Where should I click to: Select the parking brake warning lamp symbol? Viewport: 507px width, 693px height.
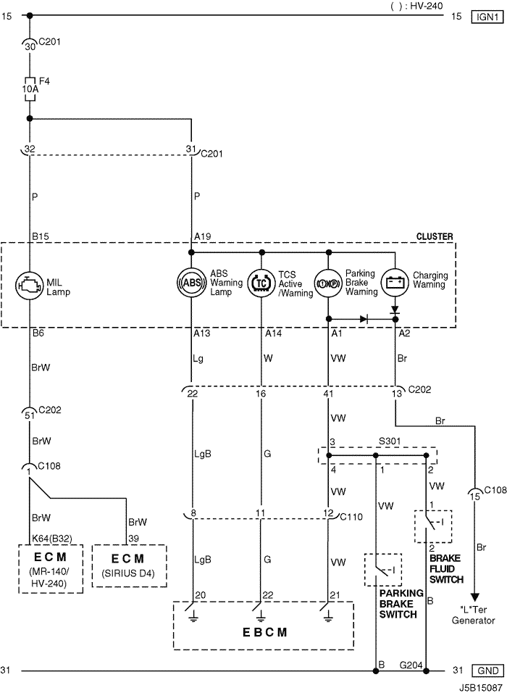(328, 282)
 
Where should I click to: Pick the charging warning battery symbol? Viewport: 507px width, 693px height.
(395, 281)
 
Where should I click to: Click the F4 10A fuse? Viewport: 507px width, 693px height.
(30, 86)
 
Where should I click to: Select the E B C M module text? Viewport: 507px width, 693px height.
(262, 632)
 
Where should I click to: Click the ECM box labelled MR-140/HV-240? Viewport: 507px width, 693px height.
(50, 565)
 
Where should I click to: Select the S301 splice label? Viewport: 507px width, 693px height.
(390, 439)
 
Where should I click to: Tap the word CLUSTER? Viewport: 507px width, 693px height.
(435, 236)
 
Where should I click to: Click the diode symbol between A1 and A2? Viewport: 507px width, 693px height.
(363, 318)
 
